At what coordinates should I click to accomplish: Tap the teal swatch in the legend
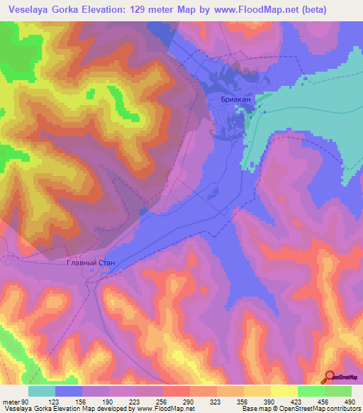42,391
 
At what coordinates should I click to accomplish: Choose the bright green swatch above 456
311,391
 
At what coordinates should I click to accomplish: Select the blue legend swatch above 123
69,391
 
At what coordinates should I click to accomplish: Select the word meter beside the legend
11,402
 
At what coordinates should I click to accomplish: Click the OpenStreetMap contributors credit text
315,409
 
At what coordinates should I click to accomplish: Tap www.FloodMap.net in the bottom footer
164,409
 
